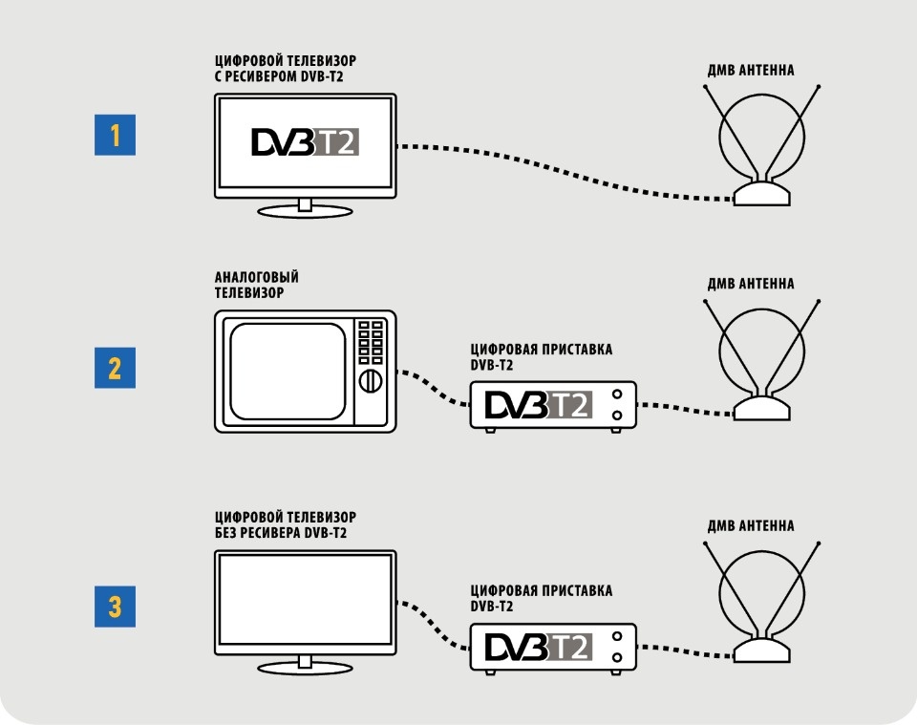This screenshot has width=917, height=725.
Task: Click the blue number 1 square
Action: tap(115, 135)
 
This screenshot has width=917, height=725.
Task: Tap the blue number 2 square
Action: tap(115, 368)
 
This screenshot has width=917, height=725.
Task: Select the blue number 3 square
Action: tap(115, 607)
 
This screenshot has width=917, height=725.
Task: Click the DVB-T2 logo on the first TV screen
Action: tap(305, 142)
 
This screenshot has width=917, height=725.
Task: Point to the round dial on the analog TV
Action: tap(371, 380)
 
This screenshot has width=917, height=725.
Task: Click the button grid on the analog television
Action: tap(371, 342)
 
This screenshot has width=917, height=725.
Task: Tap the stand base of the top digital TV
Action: tap(305, 211)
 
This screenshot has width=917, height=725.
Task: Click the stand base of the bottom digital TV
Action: tap(305, 667)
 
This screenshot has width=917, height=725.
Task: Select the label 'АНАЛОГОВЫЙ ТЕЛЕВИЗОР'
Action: tap(257, 285)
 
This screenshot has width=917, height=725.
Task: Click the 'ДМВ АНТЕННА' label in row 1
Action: tap(751, 70)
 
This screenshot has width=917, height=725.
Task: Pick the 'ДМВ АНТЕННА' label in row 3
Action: tap(751, 525)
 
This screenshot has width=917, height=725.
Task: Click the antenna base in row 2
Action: tap(762, 408)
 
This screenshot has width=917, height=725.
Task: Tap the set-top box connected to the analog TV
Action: tap(553, 406)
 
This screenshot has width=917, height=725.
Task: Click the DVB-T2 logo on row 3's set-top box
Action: tap(539, 648)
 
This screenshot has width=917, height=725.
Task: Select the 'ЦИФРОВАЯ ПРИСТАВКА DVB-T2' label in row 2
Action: tap(542, 357)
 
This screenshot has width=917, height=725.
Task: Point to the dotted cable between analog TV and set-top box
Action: tap(434, 387)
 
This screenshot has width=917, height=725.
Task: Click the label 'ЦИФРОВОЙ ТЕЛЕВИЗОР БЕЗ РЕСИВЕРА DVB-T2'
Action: tap(286, 525)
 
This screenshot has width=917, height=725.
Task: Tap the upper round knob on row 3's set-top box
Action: tap(616, 636)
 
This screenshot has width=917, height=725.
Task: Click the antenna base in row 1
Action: tap(762, 193)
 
